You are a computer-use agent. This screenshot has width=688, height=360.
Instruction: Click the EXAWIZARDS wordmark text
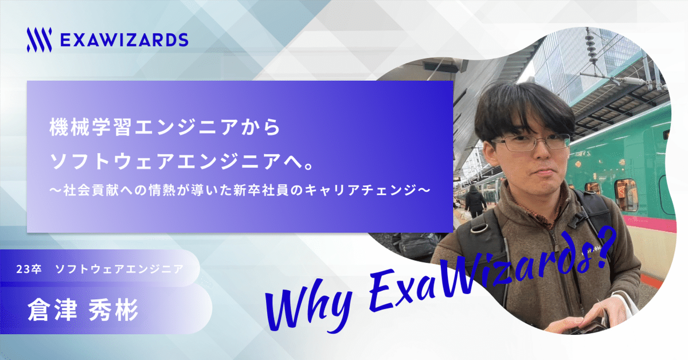[x=124, y=40]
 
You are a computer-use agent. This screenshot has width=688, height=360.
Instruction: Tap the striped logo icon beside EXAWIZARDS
[x=39, y=40]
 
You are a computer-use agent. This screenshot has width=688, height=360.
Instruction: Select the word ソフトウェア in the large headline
[x=112, y=161]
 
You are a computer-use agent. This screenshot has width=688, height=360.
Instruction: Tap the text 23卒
[x=29, y=269]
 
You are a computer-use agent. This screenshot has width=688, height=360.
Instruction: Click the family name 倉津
[x=52, y=310]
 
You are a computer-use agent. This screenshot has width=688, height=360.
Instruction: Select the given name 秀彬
[x=114, y=310]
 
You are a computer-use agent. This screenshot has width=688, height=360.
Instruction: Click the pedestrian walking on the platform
[x=475, y=201]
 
